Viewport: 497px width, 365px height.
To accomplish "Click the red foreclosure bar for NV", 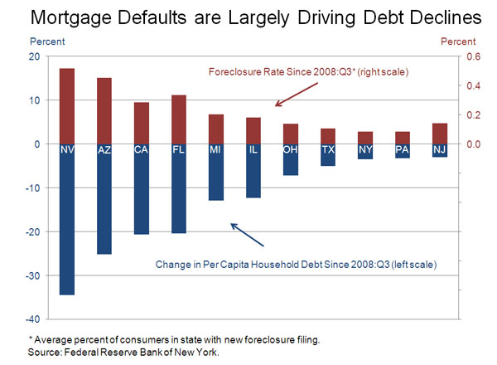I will pos(67,104).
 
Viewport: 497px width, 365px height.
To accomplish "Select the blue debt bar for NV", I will pos(67,224).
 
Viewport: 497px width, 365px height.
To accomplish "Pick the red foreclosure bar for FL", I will pos(178,118).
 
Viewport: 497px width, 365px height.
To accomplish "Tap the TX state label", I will pos(327,149).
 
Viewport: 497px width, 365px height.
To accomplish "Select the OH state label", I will pos(290,149).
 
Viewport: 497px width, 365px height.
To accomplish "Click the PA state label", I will pos(402,149).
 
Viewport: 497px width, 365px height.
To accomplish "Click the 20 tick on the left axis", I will pos(34,56).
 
